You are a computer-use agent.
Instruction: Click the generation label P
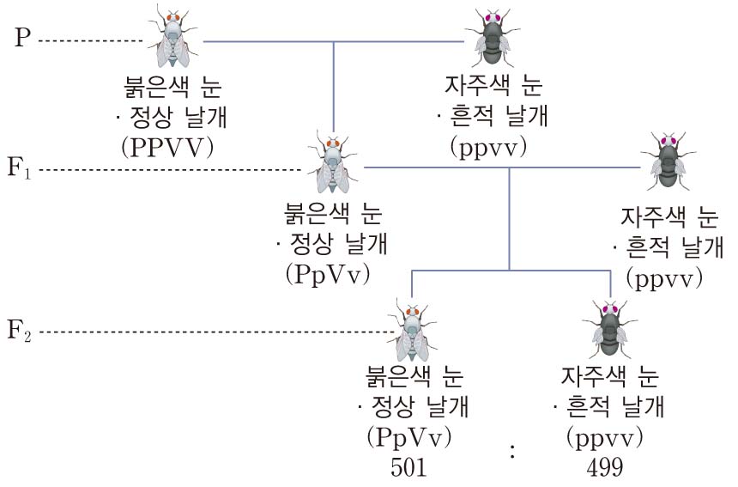click(23, 40)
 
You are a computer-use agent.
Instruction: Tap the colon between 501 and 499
click(512, 451)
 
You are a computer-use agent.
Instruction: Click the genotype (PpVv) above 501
click(409, 437)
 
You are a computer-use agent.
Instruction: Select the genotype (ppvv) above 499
click(606, 437)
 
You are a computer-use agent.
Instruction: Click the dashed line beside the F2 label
click(215, 332)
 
